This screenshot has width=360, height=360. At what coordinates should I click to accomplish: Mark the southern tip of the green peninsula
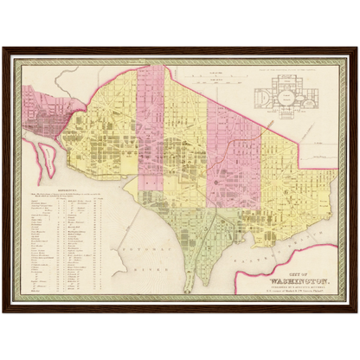tap(202, 285)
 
